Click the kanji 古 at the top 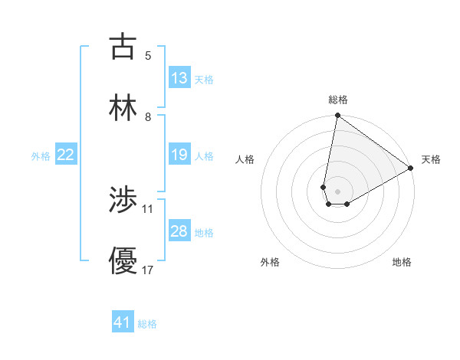(123, 47)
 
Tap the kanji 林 (123, 108)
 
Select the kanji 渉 (123, 200)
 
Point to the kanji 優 (123, 261)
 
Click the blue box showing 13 (179, 78)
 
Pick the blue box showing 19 (179, 155)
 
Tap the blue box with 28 (179, 231)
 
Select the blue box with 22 (65, 155)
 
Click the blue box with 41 (123, 322)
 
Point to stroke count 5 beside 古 (148, 55)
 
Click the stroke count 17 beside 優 (148, 270)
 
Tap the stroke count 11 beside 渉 (148, 208)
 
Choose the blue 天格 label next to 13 (204, 80)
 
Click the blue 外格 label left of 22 (41, 156)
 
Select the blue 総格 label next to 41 (147, 324)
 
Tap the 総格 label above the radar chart (338, 100)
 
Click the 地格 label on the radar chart (402, 262)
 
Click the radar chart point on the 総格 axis (337, 116)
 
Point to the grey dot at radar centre (337, 191)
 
